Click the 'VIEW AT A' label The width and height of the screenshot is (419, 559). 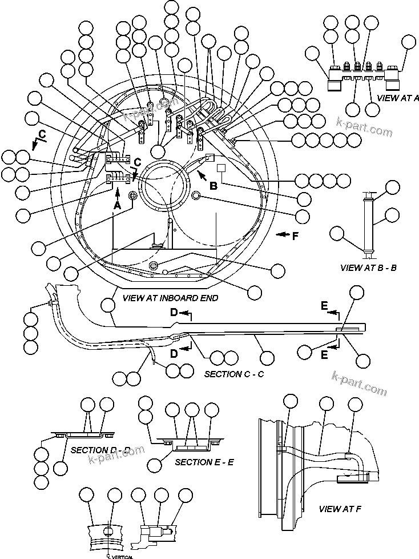coord(398,98)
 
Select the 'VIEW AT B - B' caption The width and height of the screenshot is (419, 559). coord(368,267)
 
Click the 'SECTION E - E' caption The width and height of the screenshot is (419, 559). coord(204,461)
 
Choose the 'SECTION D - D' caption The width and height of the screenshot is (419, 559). coord(100,450)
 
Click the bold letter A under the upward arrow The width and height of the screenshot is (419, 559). coord(118,204)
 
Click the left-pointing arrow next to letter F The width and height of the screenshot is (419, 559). coord(281,234)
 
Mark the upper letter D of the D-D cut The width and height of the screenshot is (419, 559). coord(174,312)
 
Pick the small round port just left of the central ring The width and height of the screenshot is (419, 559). coord(134,196)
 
